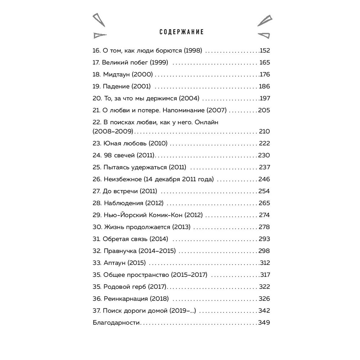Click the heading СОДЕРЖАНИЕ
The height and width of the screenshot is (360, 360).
181,32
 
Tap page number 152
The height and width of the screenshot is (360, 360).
265,51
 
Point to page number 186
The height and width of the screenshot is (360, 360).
264,86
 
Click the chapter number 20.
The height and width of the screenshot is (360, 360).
97,98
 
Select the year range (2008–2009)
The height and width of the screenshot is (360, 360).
113,131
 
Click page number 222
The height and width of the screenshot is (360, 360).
264,143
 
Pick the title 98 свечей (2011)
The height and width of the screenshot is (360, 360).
129,155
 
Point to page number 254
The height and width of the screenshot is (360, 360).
264,191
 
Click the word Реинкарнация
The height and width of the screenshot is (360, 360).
125,298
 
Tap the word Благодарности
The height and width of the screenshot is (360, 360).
116,323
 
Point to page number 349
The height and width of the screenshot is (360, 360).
264,323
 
